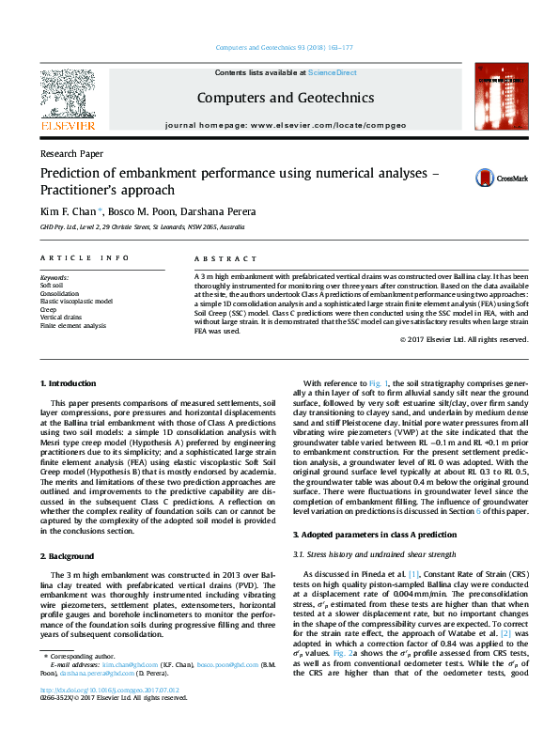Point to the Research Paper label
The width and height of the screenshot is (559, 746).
71,153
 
